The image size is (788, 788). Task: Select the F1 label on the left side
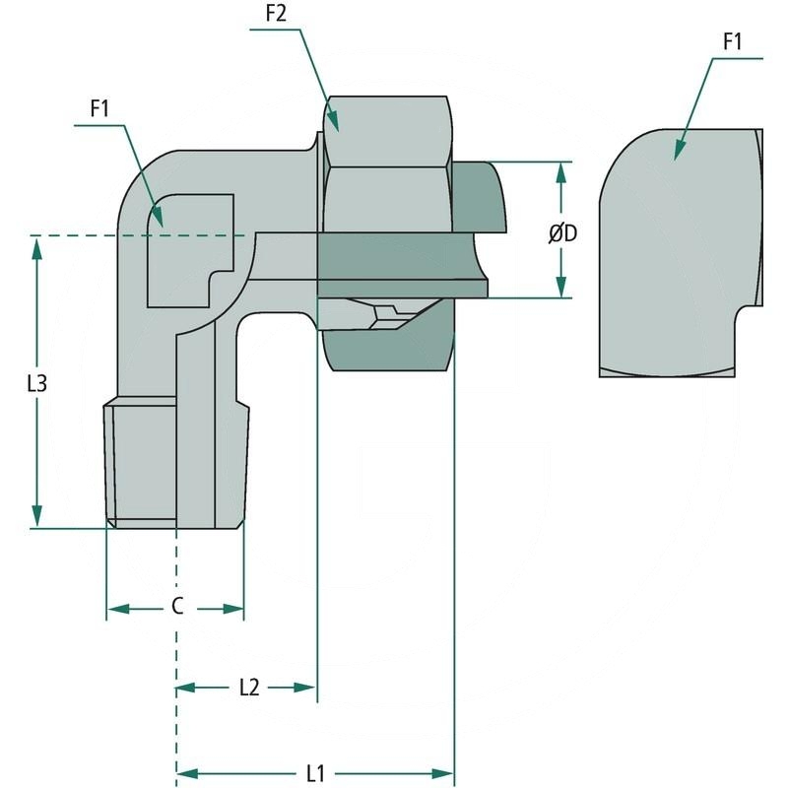[98, 109]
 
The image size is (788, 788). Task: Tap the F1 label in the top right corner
[731, 42]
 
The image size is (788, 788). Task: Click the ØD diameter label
[562, 233]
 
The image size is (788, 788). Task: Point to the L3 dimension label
[36, 383]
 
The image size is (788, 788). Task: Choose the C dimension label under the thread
[176, 607]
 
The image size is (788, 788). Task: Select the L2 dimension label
[248, 688]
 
